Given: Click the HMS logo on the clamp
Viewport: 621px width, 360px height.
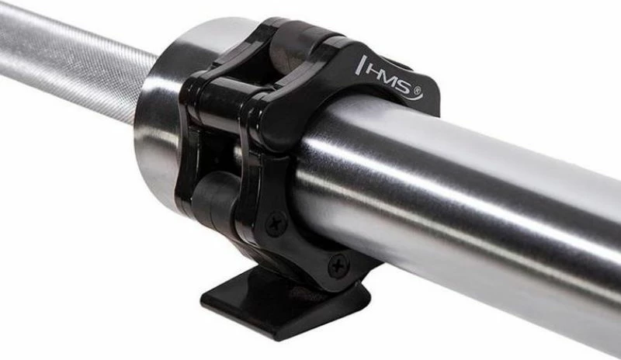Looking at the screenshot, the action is point(390,78).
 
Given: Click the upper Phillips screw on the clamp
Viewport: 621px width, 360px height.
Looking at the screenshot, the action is point(276,223).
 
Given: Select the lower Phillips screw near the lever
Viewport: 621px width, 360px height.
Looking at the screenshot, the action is point(338,265).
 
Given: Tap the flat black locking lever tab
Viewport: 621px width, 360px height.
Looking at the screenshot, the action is point(284,303).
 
